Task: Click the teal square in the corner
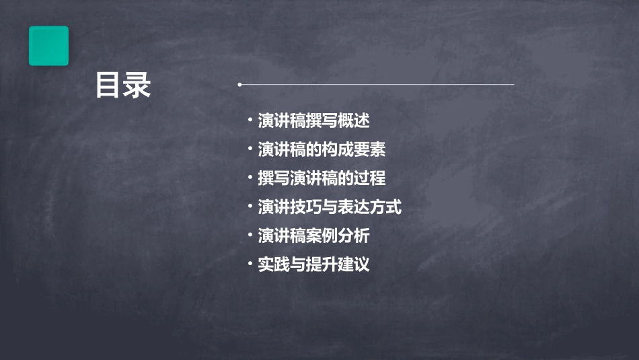[48, 46]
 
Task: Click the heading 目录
[123, 85]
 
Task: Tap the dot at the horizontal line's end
[239, 85]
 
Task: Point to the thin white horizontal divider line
[377, 85]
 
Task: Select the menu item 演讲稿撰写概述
[313, 121]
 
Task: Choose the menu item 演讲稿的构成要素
[322, 149]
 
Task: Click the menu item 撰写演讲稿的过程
[322, 178]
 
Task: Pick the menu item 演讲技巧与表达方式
[330, 207]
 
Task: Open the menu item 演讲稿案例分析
[313, 236]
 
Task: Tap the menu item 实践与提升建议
[313, 264]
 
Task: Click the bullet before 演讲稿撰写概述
[250, 121]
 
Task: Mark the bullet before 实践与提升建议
[250, 264]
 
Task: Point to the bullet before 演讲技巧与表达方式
[250, 207]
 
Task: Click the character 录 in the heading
[137, 85]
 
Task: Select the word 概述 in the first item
[354, 121]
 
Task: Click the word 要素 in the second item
[370, 149]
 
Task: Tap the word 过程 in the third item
[370, 178]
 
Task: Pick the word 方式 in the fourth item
[386, 207]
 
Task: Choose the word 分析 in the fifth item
[354, 236]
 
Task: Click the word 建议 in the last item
[354, 264]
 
